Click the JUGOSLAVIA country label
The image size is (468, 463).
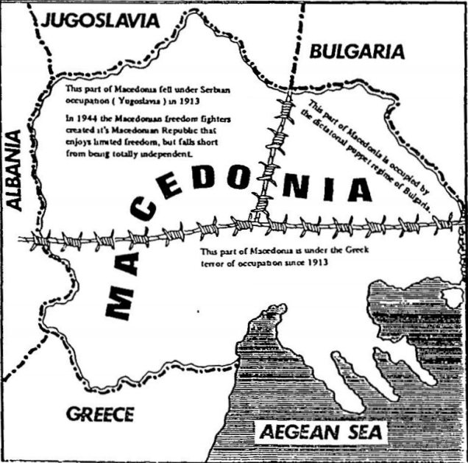click(100, 20)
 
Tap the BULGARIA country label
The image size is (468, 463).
click(357, 52)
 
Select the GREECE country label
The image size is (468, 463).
click(100, 414)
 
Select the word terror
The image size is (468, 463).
click(211, 261)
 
